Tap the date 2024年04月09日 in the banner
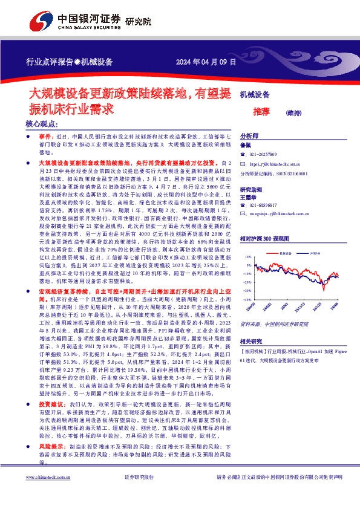coord(206,62)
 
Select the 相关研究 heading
coord(250,340)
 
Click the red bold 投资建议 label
coord(51,386)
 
